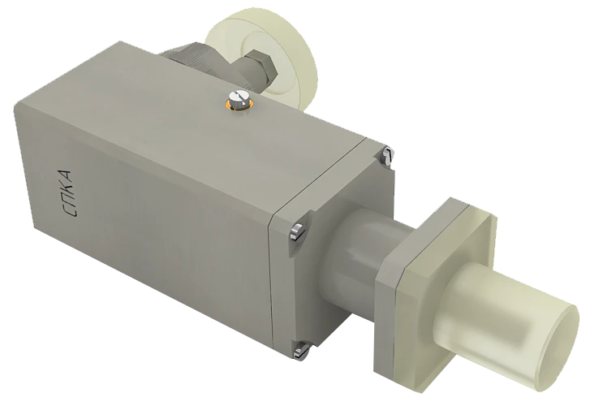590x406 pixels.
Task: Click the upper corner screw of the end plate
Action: tap(388, 151)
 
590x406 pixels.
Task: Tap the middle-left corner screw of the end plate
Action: tap(295, 230)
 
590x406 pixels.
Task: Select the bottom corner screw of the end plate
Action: tap(303, 350)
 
